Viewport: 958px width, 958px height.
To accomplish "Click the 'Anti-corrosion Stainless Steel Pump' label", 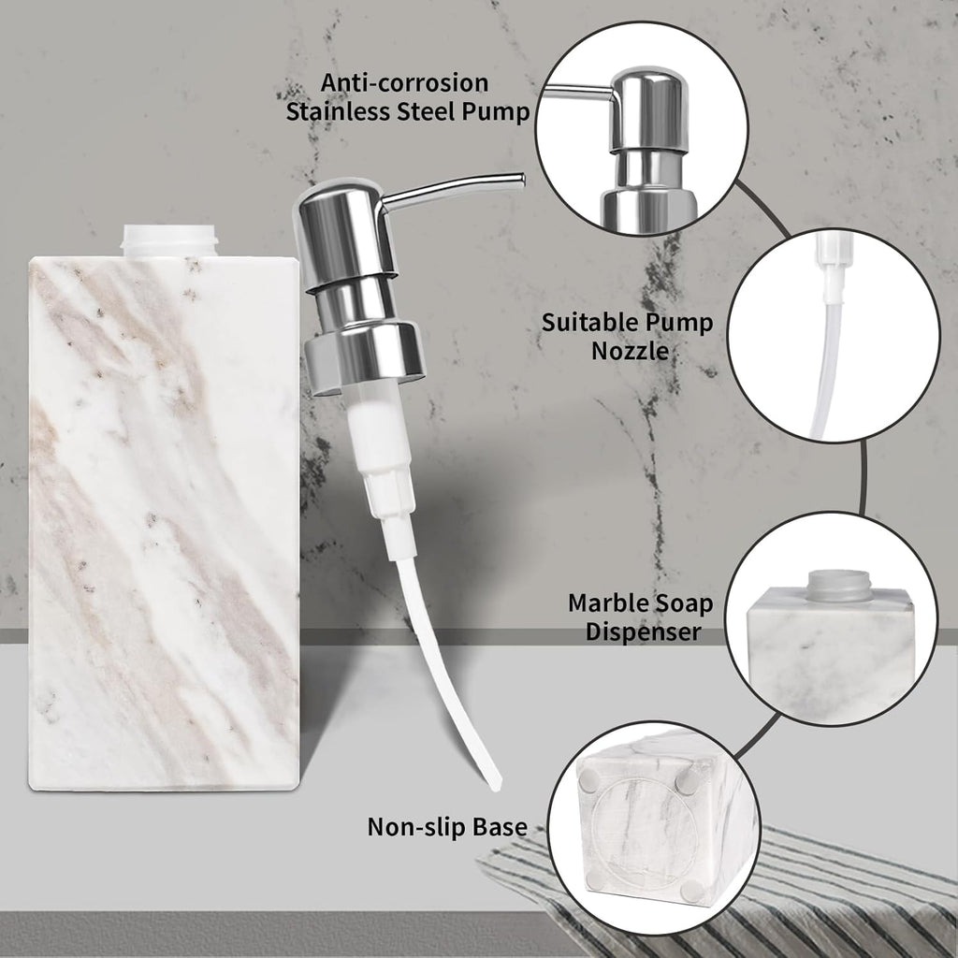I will (407, 97).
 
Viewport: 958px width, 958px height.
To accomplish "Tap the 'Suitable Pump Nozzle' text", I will (627, 337).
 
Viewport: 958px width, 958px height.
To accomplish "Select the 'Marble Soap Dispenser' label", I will (640, 617).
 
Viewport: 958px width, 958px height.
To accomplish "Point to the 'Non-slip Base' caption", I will (446, 826).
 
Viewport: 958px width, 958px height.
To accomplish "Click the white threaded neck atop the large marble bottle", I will (170, 240).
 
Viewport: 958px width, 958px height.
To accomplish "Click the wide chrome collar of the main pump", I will (364, 355).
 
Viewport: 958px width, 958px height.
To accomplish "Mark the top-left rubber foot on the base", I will (592, 777).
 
